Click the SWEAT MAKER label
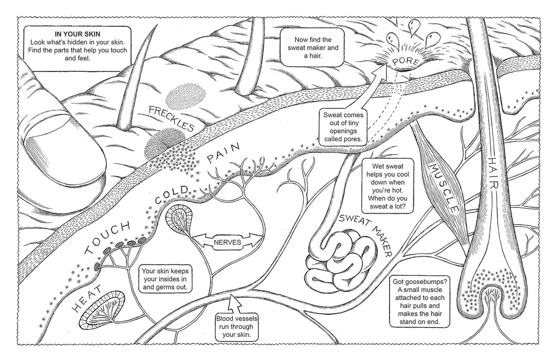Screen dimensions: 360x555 pyautogui.click(x=365, y=234)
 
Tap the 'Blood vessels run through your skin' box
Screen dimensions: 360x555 pyautogui.click(x=237, y=326)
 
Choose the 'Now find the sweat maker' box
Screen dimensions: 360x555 pyautogui.click(x=313, y=47)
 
